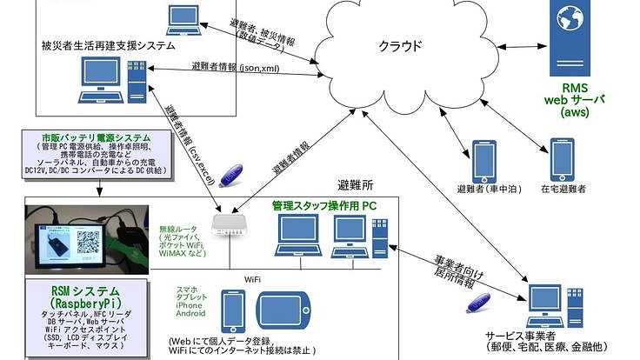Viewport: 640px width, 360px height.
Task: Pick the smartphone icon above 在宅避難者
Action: pos(562,158)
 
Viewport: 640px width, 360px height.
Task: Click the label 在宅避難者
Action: pos(563,188)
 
